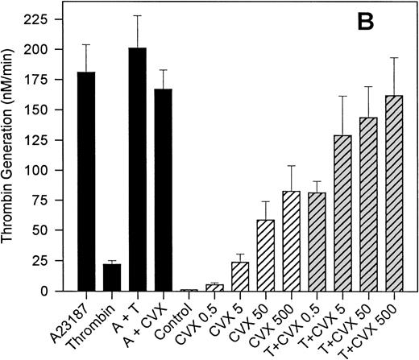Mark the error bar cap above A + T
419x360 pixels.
(138, 15)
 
